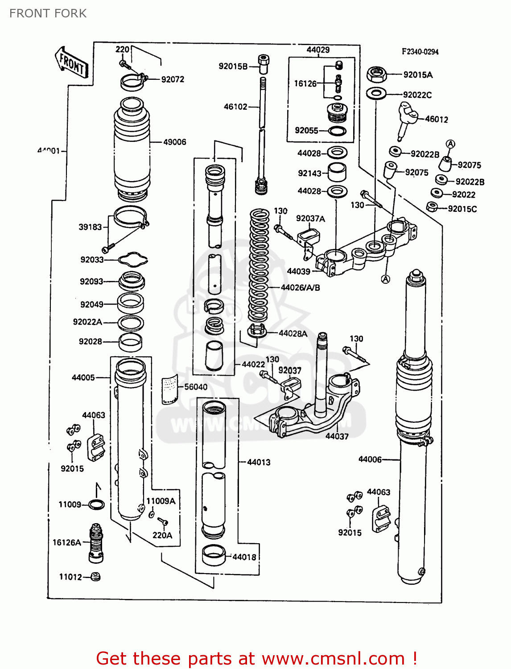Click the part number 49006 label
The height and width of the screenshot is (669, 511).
174,142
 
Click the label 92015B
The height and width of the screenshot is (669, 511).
233,66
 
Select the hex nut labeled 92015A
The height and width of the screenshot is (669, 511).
377,74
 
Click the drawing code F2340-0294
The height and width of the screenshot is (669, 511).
420,52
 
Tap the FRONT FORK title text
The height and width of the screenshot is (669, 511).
48,13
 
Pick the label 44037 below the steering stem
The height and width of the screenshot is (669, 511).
337,436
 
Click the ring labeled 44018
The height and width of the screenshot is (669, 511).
214,555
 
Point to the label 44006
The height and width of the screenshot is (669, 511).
370,459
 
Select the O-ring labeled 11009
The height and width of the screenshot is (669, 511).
96,505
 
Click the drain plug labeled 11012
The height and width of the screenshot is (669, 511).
95,577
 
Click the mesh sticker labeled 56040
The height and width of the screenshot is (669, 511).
169,389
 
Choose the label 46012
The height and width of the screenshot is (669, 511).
436,119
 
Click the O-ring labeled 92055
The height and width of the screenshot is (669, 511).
338,131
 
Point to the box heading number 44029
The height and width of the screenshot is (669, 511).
318,50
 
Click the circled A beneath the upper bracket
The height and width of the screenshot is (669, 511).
386,279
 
